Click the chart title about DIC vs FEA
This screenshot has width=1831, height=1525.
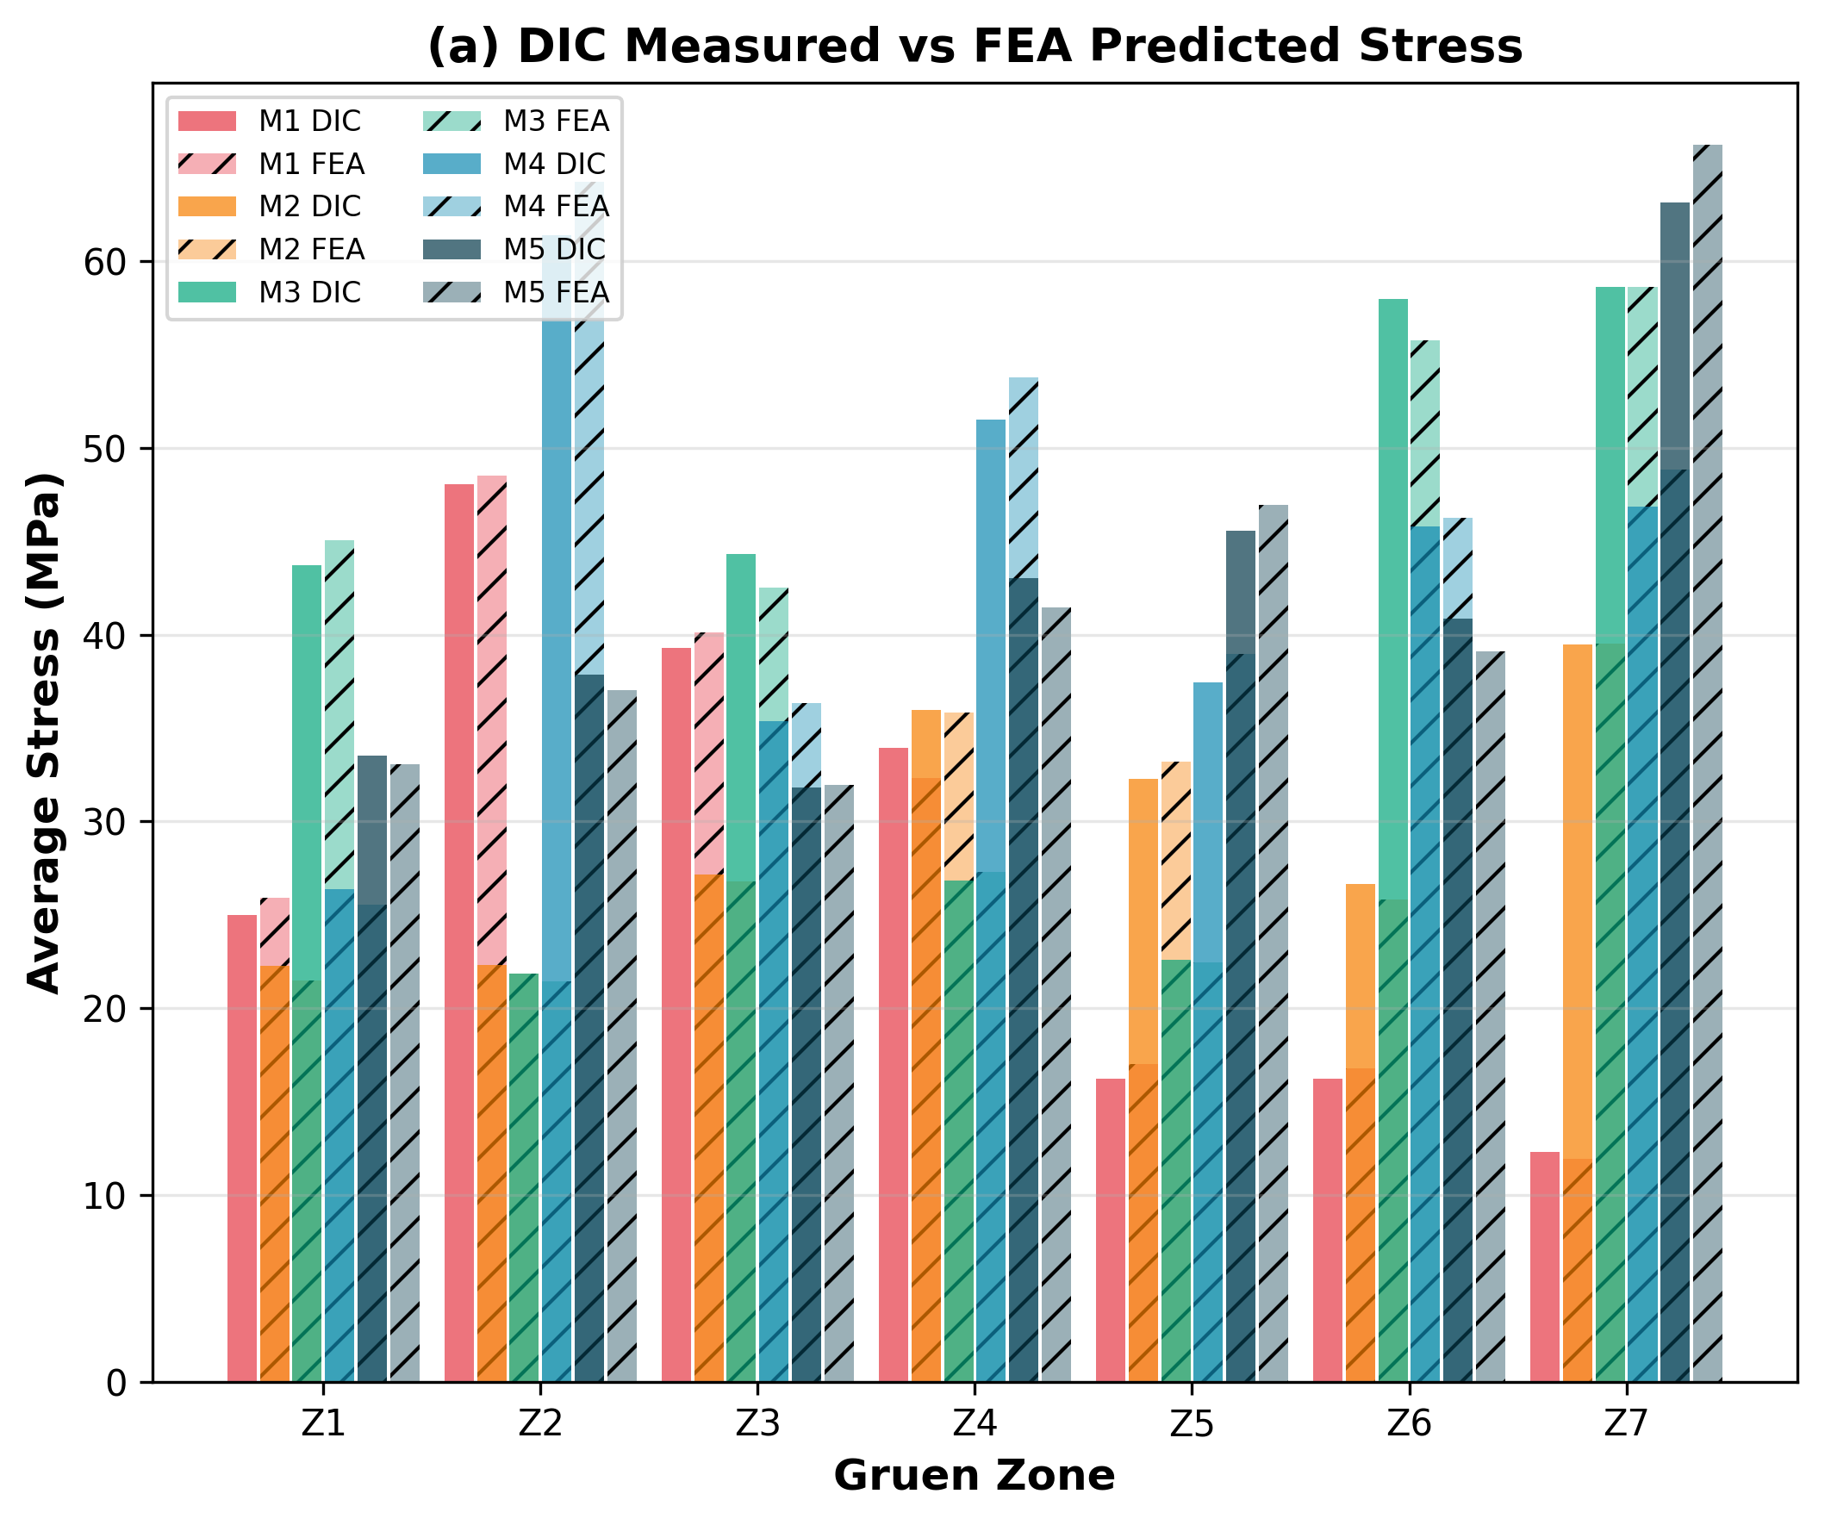coord(974,46)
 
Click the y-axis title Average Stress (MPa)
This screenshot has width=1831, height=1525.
coord(44,732)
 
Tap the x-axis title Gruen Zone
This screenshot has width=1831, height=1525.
coord(974,1475)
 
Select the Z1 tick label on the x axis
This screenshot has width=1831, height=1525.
coord(323,1423)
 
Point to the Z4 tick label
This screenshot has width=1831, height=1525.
coord(974,1423)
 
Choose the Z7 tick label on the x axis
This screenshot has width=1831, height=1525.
coord(1625,1423)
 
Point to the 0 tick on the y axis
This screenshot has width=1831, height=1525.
coord(116,1383)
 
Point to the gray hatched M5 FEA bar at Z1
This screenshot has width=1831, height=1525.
coord(405,1073)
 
